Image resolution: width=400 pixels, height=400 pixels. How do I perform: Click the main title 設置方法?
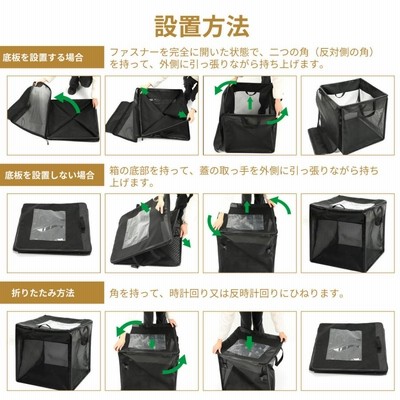[x=202, y=26]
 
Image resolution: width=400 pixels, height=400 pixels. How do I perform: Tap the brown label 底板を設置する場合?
[x=43, y=58]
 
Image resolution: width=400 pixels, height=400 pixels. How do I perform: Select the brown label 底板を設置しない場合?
[x=49, y=175]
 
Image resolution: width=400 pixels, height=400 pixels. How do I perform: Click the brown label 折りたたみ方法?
[x=43, y=293]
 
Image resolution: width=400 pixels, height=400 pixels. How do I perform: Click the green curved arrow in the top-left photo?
[x=69, y=100]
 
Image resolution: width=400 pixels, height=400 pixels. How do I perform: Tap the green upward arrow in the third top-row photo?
[x=249, y=103]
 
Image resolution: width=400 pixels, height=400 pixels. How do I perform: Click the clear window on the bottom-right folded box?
[x=344, y=344]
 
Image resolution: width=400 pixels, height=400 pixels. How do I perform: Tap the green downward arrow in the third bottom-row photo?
[x=249, y=343]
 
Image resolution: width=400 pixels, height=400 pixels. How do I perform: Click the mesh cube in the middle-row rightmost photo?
[x=348, y=232]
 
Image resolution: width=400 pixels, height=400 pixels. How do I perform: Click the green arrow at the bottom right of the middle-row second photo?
[x=187, y=242]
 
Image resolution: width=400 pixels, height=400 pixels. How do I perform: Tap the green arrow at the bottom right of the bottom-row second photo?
[x=176, y=365]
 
